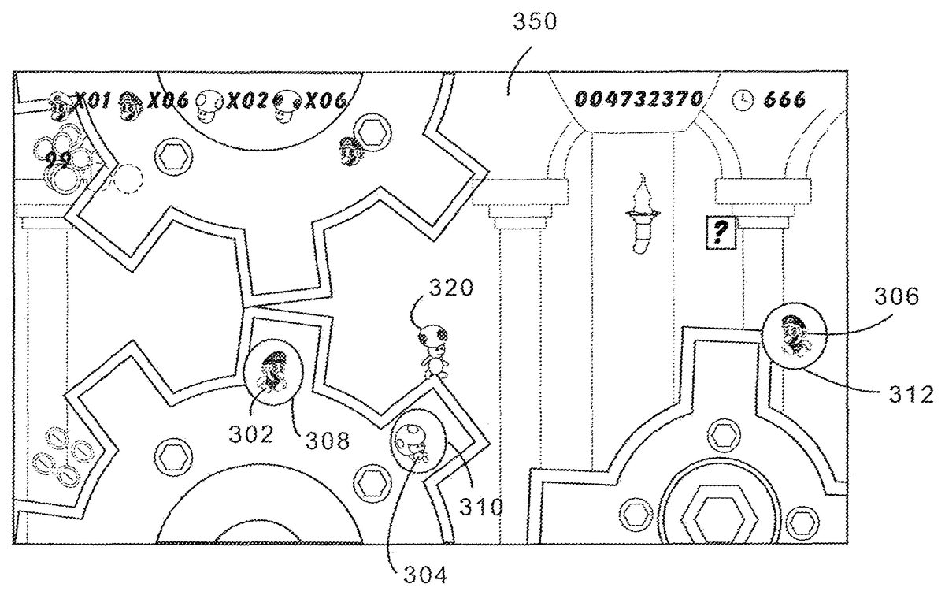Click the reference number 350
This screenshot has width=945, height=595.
click(535, 22)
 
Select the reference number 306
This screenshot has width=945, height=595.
click(895, 297)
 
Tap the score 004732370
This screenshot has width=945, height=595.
click(638, 99)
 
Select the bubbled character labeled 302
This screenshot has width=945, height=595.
click(271, 373)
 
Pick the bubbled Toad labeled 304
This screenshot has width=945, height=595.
click(414, 443)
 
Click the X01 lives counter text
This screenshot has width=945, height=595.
click(91, 100)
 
